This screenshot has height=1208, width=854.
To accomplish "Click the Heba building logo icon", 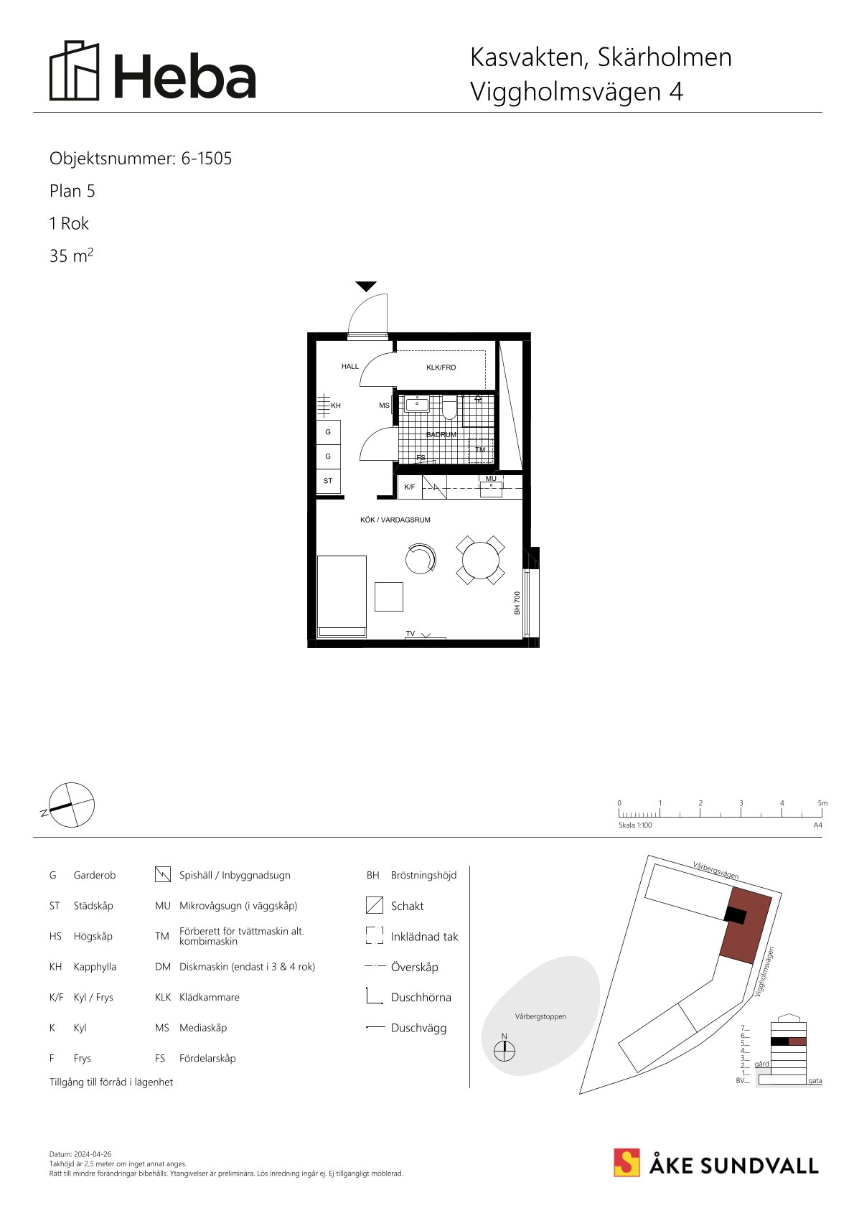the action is [x=75, y=70].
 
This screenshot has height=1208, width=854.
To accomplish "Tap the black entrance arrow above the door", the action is [x=366, y=286].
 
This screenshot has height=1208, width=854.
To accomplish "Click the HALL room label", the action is [x=350, y=366].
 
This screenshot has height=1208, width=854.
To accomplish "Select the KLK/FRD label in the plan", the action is [x=441, y=367].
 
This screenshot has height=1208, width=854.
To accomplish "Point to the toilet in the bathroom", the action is [x=450, y=408].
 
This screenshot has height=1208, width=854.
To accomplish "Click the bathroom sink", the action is [x=417, y=403].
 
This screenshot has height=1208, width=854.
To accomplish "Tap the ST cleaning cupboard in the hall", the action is [x=328, y=481].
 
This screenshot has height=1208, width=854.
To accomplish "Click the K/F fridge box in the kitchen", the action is [x=410, y=487].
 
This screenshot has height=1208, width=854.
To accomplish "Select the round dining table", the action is [x=480, y=561].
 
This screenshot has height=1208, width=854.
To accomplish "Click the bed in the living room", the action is [x=342, y=596].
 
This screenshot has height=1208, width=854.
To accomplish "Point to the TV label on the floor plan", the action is [x=410, y=633].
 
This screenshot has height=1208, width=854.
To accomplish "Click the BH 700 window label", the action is [x=517, y=603].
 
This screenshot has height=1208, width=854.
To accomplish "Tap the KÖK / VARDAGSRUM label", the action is [x=395, y=520].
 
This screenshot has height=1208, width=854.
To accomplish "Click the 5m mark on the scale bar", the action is [x=822, y=803].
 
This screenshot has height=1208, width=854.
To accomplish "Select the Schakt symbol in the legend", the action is [x=374, y=905].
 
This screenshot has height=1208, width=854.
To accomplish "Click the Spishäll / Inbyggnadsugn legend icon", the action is [x=163, y=874].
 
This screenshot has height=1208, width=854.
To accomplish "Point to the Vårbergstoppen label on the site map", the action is [x=540, y=1016].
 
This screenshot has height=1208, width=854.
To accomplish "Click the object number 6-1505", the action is [x=207, y=159].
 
